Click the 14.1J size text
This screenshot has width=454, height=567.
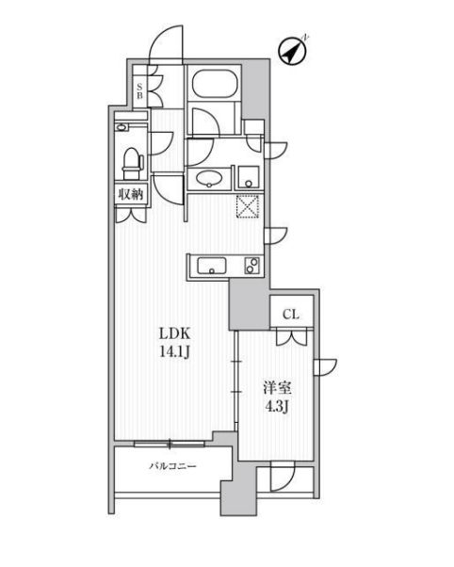[x=174, y=354]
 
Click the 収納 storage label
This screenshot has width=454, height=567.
[x=131, y=195]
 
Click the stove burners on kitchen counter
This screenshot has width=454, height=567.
[x=251, y=266]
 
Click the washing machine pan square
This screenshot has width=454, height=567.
[x=247, y=174]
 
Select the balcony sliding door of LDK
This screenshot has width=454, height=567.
[x=170, y=441]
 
